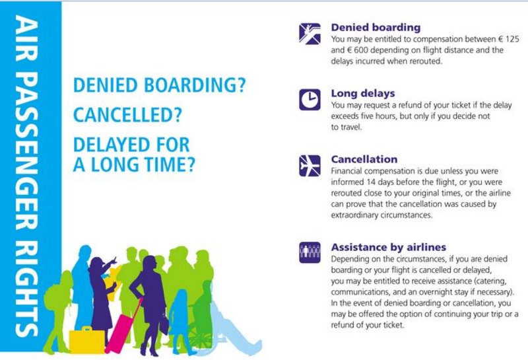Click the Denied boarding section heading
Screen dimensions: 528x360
point(376,27)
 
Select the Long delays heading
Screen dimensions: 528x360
point(362,93)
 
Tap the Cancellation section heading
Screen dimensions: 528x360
point(364,159)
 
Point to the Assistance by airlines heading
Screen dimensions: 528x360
point(389,247)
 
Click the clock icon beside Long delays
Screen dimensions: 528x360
point(310,100)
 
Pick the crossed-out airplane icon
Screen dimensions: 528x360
point(310,166)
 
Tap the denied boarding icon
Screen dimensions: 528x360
point(310,34)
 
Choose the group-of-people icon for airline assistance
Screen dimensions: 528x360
point(310,252)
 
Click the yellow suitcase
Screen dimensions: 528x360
point(87,340)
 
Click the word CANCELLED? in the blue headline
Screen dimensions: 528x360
point(127,115)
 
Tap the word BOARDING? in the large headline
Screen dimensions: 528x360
point(195,85)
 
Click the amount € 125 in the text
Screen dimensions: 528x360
point(509,39)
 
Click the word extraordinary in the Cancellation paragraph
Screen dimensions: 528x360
point(354,215)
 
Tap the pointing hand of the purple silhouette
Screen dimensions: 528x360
point(114,260)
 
